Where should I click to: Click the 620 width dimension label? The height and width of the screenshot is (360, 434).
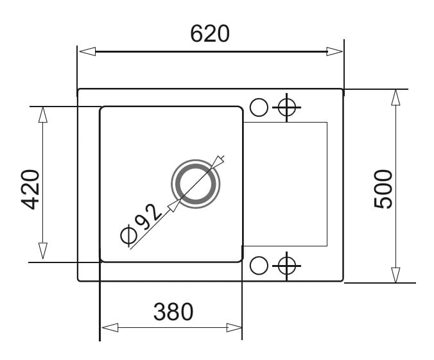(210, 34)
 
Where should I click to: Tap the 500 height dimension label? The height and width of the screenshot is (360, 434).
(383, 189)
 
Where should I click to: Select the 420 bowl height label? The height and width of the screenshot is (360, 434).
(30, 189)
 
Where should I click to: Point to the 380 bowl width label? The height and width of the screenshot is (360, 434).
(173, 312)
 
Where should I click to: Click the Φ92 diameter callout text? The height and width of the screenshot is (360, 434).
(141, 225)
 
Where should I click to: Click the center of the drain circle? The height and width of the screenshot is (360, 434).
(196, 184)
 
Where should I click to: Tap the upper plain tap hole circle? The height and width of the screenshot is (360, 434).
(259, 107)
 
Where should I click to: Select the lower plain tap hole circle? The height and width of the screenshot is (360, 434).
(259, 266)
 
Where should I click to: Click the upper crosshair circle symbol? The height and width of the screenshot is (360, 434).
(287, 107)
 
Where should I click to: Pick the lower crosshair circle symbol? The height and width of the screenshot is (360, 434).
(287, 266)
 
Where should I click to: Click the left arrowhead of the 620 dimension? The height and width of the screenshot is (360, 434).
(87, 51)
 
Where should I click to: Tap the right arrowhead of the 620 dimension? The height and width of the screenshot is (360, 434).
(334, 51)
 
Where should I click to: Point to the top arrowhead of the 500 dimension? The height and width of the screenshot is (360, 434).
(396, 98)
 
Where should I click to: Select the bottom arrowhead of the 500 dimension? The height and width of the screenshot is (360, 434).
(396, 275)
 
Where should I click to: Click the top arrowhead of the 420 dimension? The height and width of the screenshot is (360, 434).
(42, 115)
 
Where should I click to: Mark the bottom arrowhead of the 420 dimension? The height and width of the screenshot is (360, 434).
(42, 251)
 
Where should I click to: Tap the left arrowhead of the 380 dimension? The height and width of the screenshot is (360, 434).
(110, 328)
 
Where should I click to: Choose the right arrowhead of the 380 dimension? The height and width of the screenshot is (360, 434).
(234, 328)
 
